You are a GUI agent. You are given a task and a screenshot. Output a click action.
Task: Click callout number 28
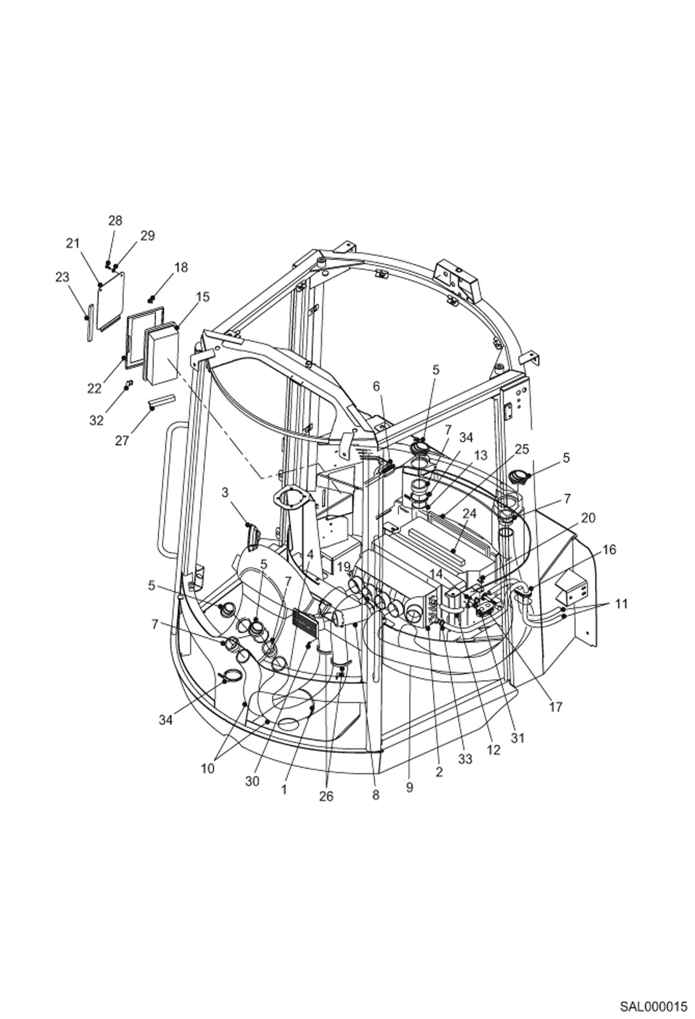tap(115, 221)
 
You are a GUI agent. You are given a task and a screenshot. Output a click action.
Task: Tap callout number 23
tap(62, 277)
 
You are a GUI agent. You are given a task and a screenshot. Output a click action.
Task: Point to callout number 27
tap(122, 440)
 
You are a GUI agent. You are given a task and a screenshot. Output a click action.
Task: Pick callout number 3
tap(225, 492)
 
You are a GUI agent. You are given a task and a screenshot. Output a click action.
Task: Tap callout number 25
tap(521, 449)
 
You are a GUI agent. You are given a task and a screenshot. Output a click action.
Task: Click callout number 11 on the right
tap(621, 604)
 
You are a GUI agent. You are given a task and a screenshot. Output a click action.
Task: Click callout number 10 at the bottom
tap(207, 769)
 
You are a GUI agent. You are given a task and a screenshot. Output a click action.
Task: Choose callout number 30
tap(252, 781)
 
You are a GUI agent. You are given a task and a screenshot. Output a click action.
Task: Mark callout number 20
tap(588, 518)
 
